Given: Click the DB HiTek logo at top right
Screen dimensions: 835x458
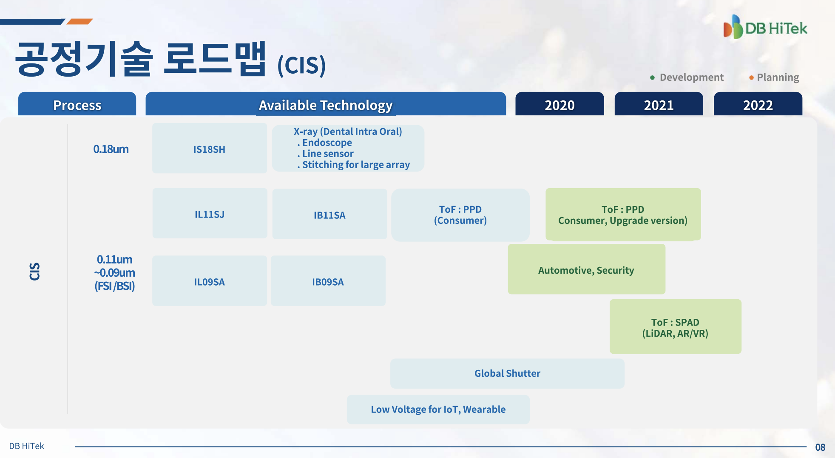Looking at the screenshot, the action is pos(765,27).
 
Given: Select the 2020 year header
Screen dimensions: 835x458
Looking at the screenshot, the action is pos(560,104).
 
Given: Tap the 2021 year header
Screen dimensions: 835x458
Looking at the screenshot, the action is pos(659,104).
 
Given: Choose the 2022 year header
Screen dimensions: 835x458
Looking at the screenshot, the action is pos(758,104).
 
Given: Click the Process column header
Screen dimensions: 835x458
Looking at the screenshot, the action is pos(77,104).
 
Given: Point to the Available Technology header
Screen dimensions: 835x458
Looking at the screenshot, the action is pos(326,104).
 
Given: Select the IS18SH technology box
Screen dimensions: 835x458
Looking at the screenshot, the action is pos(210,149).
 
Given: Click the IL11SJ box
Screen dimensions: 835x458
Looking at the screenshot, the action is pos(210,214).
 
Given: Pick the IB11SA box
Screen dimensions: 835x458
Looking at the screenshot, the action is pos(329,214).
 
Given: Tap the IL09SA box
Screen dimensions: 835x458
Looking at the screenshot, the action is pos(210,281).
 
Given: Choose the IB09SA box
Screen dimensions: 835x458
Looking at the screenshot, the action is pos(328,281).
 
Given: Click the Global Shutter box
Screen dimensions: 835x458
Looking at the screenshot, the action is pos(507,373).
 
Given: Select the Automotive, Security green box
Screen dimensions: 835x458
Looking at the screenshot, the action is pos(586,269).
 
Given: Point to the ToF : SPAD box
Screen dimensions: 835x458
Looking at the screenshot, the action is pos(675,326).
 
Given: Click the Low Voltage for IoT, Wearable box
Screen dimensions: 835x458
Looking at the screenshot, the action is pos(438,409).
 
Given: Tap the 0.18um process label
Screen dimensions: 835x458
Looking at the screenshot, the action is pos(111,149).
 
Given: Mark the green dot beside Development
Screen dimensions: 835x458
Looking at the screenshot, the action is pos(652,77).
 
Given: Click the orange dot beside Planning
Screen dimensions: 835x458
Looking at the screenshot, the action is pos(751,77).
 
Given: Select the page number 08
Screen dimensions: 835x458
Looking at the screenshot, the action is pos(820,447).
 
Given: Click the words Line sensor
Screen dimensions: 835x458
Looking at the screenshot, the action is pos(328,154).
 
